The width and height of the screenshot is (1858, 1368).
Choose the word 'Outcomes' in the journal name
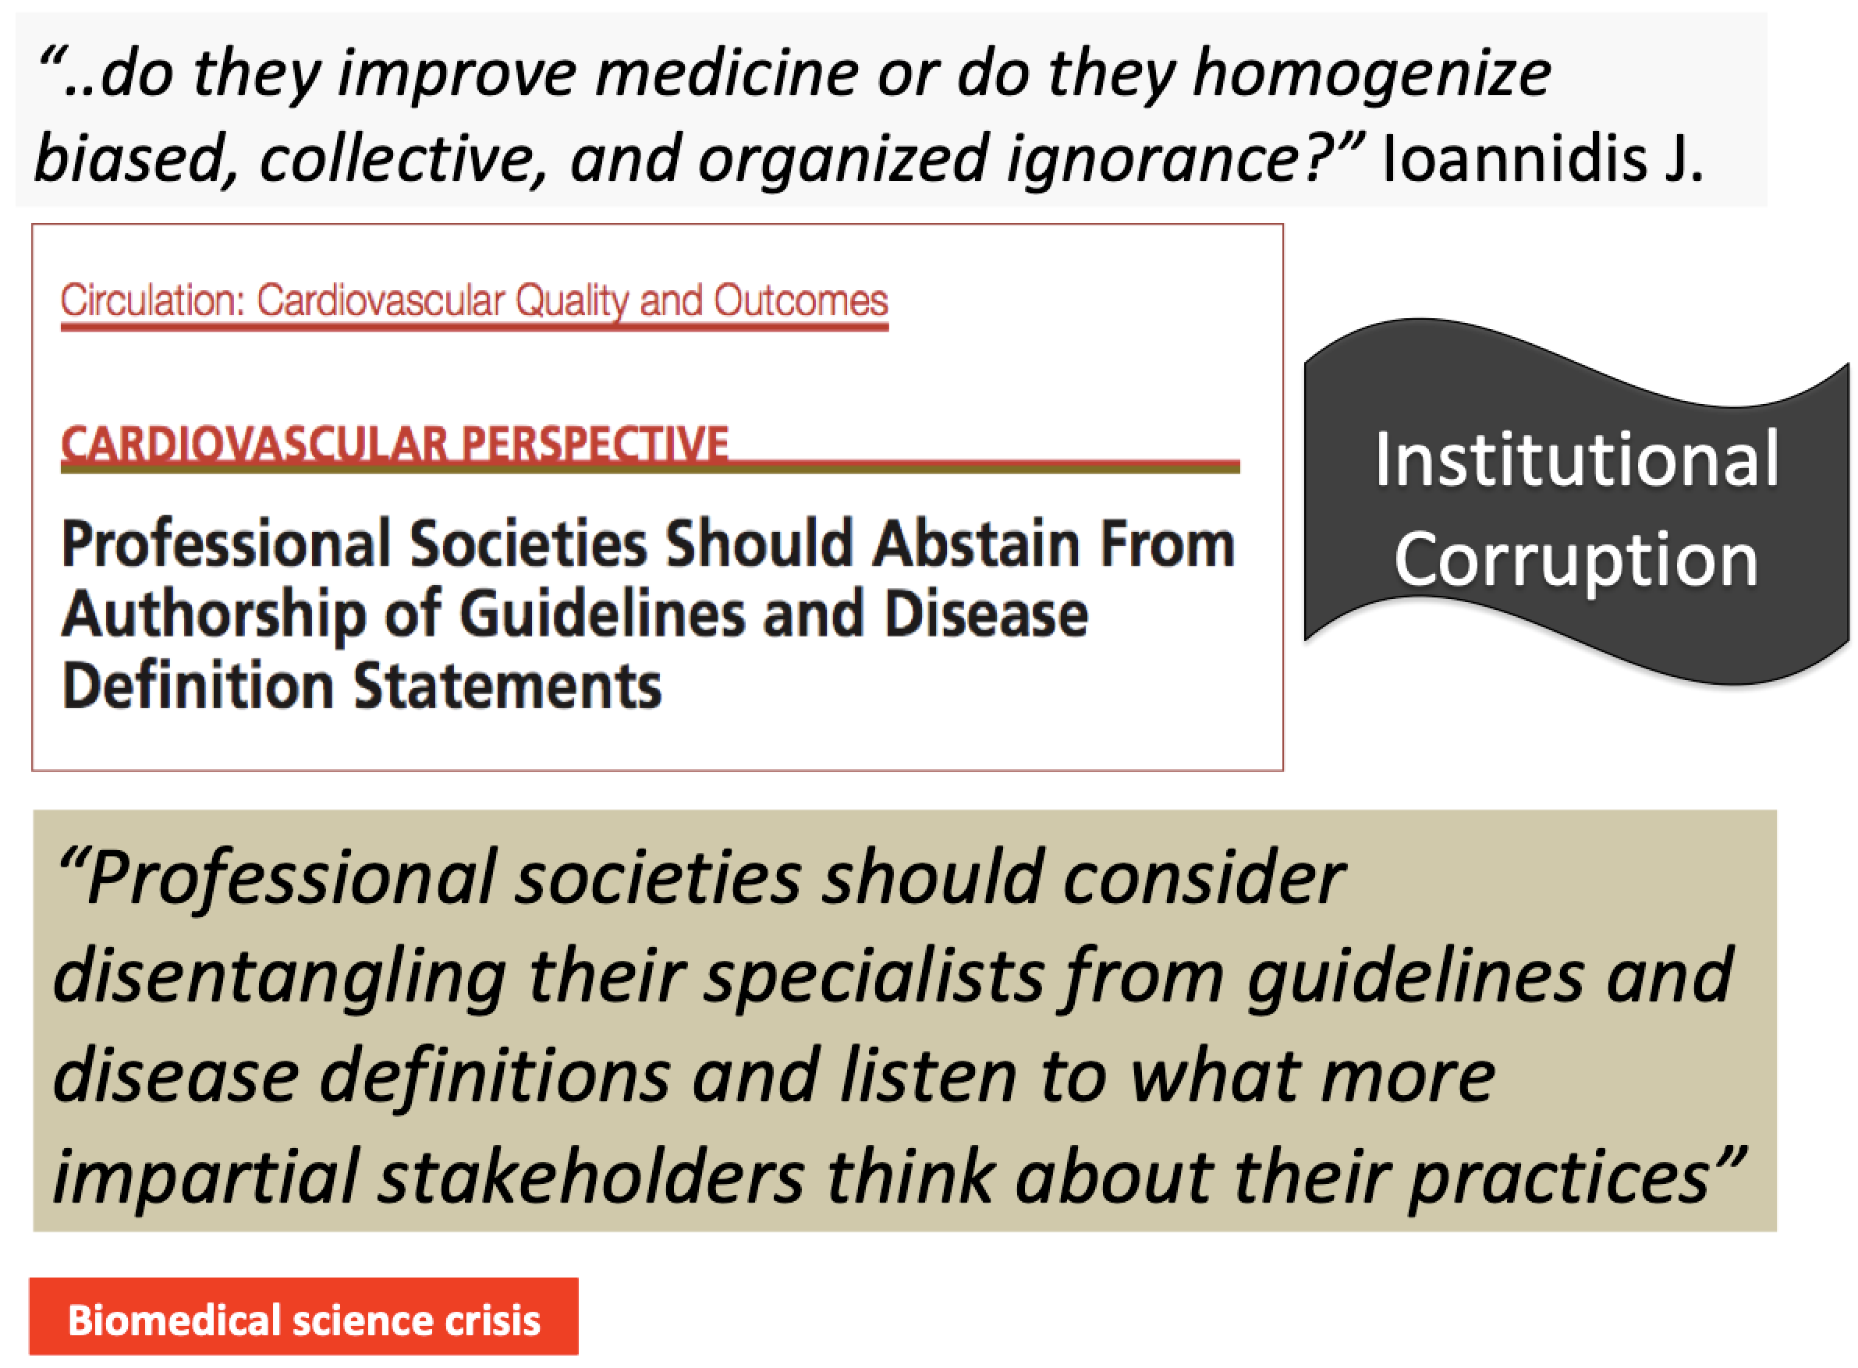click(x=800, y=299)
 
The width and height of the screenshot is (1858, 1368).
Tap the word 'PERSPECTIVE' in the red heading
click(x=594, y=443)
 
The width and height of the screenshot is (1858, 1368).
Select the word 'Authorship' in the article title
click(x=214, y=617)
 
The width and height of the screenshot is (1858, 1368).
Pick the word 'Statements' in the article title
click(x=508, y=686)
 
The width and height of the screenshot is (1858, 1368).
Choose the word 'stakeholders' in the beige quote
click(x=591, y=1176)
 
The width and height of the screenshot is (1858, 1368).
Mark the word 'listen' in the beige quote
click(x=928, y=1076)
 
